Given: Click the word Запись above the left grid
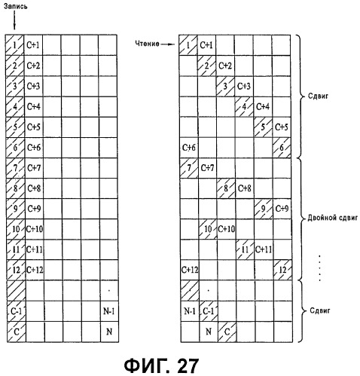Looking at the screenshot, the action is (15, 6).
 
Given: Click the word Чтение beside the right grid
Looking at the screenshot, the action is (147, 44).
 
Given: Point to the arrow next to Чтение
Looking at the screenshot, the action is (168, 44).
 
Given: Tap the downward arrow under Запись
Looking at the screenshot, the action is (14, 20).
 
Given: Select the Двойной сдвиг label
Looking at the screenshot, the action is (332, 218).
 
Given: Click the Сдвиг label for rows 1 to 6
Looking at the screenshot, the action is (318, 96).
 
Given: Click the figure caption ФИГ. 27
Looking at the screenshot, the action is (161, 365).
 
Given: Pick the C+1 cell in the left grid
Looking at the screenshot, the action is (33, 45).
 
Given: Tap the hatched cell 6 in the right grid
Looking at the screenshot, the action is (282, 148).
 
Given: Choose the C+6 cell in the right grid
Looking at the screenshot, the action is (189, 148).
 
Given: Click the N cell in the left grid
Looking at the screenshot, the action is (109, 332).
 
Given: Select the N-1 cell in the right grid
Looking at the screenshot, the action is (190, 311).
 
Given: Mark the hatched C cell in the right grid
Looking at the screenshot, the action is (227, 332).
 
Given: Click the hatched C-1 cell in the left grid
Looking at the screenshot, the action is (17, 311).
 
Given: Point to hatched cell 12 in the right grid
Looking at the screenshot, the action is (282, 270).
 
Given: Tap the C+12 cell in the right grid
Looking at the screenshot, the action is (190, 270).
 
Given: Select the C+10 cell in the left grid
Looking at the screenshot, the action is (35, 229).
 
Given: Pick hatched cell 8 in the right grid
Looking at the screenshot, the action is (226, 188).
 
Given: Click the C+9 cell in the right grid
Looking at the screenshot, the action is (282, 209).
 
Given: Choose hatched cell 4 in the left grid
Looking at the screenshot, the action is (15, 107).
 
